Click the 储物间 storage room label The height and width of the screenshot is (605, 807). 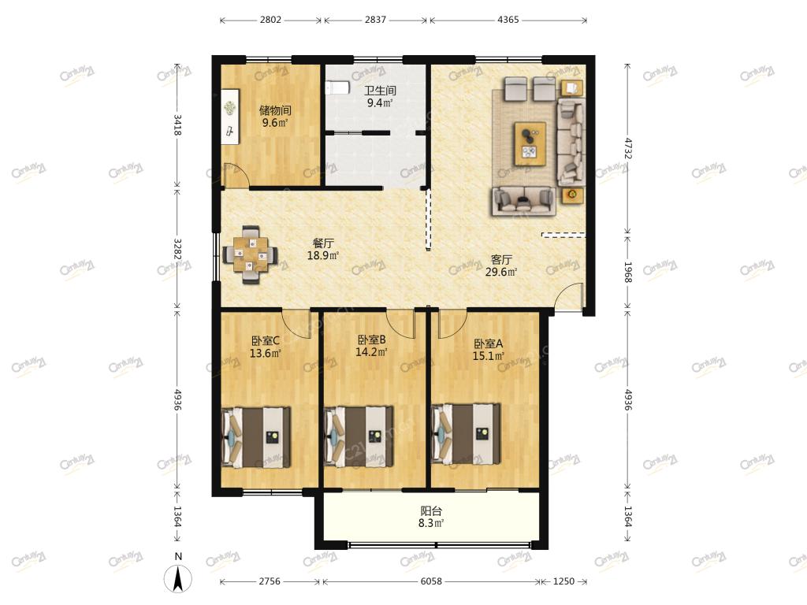click(275, 110)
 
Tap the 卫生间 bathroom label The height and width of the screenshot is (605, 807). click(381, 91)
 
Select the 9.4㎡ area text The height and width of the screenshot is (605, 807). click(380, 103)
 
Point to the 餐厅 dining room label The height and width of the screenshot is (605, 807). click(323, 243)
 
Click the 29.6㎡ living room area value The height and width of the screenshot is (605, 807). click(500, 272)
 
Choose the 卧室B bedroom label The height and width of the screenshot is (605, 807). click(372, 340)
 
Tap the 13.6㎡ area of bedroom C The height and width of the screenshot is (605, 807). click(265, 354)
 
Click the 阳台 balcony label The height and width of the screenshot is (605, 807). click(431, 510)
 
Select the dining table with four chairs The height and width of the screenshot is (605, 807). click(250, 254)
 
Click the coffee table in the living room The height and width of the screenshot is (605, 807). click(530, 144)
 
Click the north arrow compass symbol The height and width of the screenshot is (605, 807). click(178, 578)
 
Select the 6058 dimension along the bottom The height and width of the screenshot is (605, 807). click(431, 581)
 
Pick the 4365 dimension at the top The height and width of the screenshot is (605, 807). click(508, 20)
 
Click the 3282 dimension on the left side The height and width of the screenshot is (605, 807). click(177, 249)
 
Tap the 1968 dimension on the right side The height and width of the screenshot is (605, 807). click(628, 272)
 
